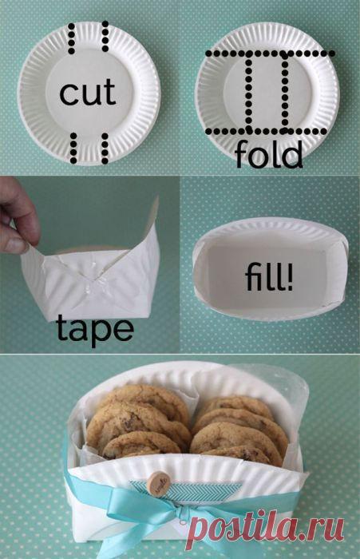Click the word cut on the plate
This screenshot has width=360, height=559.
(x=88, y=95)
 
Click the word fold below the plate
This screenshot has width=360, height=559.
(x=269, y=155)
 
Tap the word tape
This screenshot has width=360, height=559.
(x=95, y=328)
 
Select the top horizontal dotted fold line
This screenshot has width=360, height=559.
(x=270, y=54)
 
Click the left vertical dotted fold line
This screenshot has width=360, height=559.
(x=250, y=92)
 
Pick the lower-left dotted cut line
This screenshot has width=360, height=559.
(x=71, y=149)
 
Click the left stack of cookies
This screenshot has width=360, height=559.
(x=136, y=427)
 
